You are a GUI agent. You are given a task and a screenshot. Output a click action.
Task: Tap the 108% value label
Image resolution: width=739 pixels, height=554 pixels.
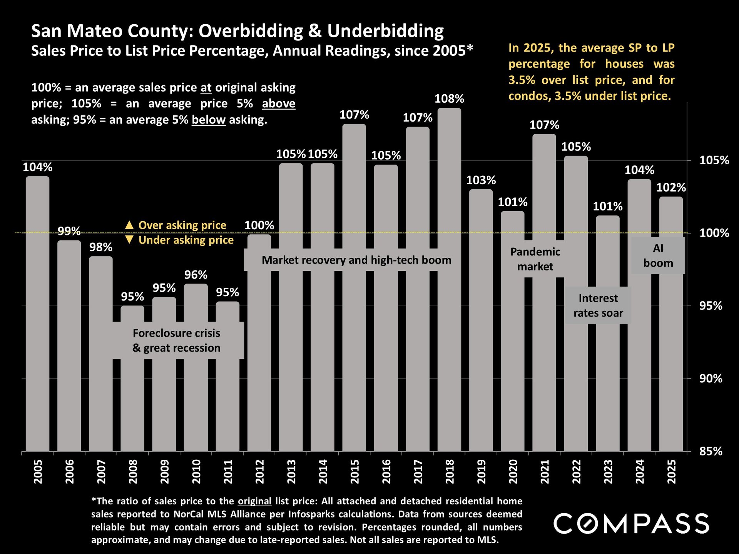click(449, 99)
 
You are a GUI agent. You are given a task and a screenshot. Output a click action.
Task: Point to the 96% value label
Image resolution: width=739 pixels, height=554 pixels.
click(196, 275)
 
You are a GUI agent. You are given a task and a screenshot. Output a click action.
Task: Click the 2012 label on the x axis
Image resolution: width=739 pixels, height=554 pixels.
click(260, 471)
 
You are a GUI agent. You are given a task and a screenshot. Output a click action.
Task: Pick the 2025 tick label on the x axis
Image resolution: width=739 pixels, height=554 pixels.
click(672, 471)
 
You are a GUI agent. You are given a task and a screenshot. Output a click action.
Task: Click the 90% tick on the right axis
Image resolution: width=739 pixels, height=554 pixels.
click(711, 379)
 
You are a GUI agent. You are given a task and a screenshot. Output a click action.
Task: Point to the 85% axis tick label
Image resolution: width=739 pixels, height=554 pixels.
click(711, 451)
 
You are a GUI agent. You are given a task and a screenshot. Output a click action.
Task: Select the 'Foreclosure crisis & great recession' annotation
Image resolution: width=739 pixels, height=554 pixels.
click(177, 340)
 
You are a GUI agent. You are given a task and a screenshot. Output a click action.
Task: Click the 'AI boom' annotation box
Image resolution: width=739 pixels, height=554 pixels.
click(658, 256)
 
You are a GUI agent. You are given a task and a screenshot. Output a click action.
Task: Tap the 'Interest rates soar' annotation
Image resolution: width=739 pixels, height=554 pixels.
click(598, 305)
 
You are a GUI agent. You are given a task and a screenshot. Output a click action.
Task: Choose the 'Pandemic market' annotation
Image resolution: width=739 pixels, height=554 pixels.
click(535, 259)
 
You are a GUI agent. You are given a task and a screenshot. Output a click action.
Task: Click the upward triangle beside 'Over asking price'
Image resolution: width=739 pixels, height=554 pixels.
click(129, 225)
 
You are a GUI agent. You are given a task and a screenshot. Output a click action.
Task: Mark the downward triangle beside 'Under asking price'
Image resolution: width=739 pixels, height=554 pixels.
click(129, 240)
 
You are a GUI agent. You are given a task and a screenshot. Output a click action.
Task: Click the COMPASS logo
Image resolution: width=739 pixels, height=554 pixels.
click(631, 524)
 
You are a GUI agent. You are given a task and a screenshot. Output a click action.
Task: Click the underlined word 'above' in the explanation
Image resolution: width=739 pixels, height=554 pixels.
click(278, 103)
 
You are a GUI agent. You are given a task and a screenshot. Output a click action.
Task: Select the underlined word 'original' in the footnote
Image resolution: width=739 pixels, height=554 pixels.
click(254, 501)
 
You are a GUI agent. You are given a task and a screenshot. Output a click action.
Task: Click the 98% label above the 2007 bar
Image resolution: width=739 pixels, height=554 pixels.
click(101, 247)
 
